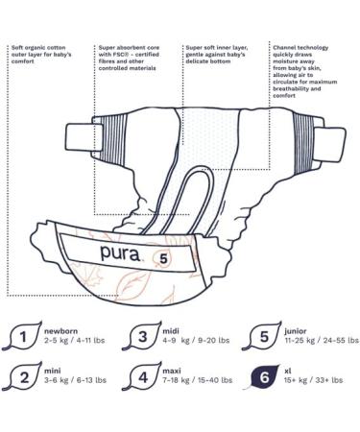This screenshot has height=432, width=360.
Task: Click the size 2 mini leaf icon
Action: coord(21,376)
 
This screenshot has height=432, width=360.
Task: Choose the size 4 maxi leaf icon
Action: coord(142,376)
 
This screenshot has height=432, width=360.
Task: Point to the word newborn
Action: coord(61,330)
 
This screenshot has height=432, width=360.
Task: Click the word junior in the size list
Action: coord(300,330)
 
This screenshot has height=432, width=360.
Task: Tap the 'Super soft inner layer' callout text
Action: coord(220,54)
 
